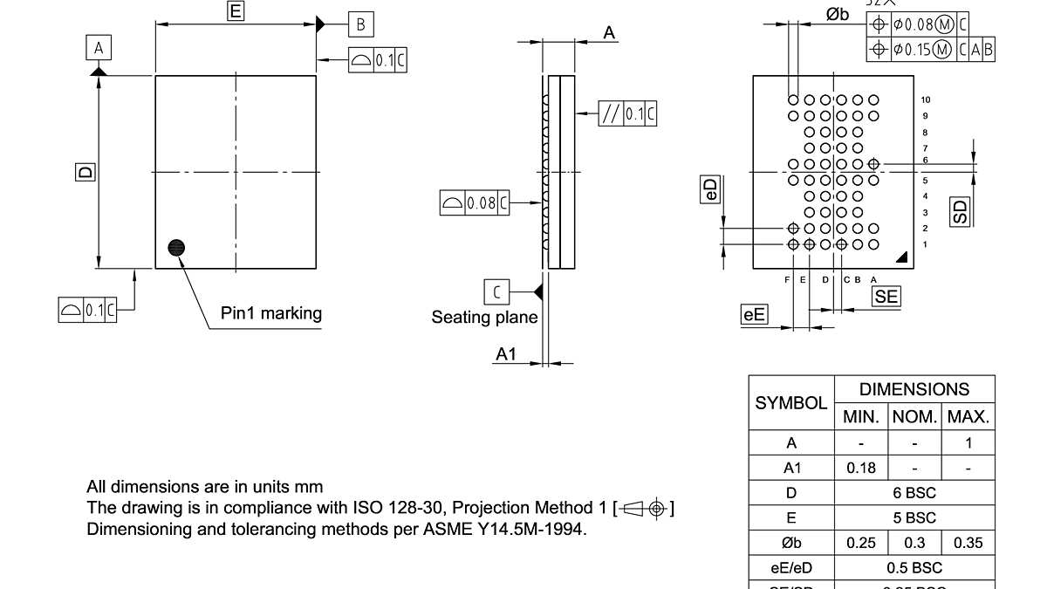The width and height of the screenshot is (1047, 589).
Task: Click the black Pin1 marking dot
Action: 177,248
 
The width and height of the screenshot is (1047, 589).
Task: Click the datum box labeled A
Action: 99,48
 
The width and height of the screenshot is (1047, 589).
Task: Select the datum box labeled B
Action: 360,24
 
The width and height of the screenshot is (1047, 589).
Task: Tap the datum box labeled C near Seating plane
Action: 496,291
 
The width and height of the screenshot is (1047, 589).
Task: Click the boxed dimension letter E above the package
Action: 235,11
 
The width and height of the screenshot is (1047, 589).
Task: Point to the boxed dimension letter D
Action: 85,172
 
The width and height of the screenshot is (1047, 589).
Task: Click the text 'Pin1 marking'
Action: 270,313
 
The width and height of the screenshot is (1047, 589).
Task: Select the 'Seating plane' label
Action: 484,318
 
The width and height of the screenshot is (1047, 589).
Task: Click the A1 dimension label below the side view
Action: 506,354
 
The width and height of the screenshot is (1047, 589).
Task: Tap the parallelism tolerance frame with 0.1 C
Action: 627,114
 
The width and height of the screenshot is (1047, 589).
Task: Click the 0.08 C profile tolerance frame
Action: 474,203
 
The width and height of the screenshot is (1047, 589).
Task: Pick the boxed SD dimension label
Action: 960,211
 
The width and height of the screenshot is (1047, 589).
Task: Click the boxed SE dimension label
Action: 886,297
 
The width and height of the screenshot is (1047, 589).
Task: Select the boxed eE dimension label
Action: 754,314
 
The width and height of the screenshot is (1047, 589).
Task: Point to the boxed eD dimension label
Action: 711,190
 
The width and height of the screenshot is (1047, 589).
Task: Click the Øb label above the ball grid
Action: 837,13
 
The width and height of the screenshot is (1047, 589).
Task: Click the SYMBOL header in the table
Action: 790,403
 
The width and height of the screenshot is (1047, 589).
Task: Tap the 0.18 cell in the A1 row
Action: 860,468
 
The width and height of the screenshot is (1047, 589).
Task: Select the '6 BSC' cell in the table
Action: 914,493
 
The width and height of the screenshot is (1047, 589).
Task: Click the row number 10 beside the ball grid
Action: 926,99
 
